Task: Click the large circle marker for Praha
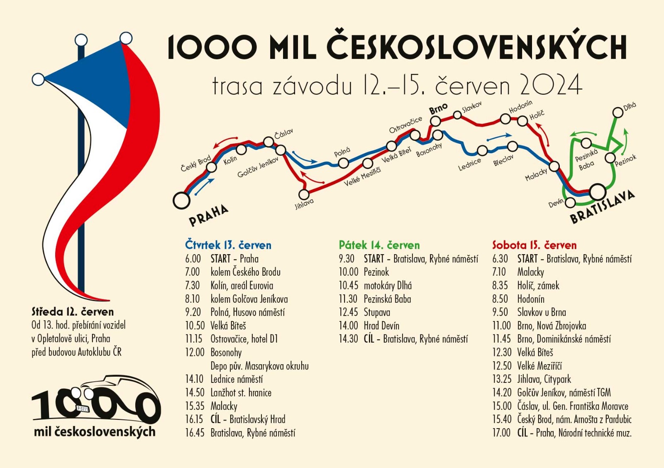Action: point(181,200)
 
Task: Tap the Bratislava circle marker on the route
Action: point(598,192)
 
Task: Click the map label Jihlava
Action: point(304,203)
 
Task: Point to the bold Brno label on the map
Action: point(438,109)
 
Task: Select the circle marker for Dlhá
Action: point(618,112)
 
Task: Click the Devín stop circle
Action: point(571,203)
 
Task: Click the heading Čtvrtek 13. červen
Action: point(228,245)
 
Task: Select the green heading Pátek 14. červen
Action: point(379,245)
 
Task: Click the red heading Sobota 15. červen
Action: point(534,245)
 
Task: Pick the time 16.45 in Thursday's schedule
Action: point(195,433)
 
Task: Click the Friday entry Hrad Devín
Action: point(381,326)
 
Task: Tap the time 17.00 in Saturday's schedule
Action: point(501,433)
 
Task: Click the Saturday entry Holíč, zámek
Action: point(538,286)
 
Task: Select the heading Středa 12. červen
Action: point(73,312)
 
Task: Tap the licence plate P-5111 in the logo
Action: point(83,409)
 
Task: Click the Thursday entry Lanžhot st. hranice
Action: point(241,393)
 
